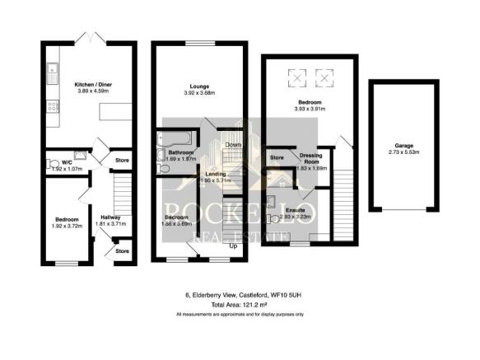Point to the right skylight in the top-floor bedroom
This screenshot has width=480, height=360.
coord(324,79)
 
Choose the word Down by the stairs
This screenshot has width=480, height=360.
coord(233,146)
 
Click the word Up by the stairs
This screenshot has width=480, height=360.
coord(233,246)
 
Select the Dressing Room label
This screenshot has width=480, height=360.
coord(311,158)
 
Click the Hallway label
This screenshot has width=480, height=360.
coord(99,217)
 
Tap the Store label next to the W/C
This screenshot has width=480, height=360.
coord(123,160)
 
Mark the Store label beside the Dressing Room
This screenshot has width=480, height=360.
coord(277,158)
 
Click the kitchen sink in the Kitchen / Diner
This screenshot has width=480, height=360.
coord(52,75)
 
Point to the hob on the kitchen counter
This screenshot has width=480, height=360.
coord(52,105)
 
